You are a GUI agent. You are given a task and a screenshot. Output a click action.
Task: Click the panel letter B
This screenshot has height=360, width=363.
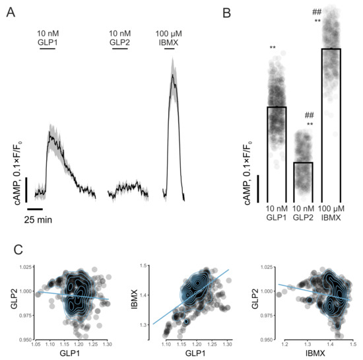click(x=226, y=13)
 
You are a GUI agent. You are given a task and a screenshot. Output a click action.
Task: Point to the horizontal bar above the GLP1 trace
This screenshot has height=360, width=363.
click(x=47, y=48)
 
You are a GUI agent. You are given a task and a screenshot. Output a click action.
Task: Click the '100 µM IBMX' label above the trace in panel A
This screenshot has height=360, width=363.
click(x=172, y=36)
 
